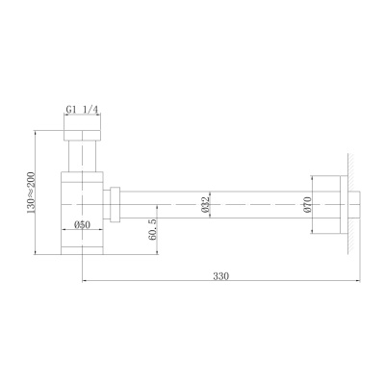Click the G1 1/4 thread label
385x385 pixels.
coord(82,110)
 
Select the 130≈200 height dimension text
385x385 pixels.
coord(33,192)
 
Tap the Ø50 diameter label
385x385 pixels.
coord(82,224)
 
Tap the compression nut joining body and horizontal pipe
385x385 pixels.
coord(115,204)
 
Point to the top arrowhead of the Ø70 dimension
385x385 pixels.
coord(313,175)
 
